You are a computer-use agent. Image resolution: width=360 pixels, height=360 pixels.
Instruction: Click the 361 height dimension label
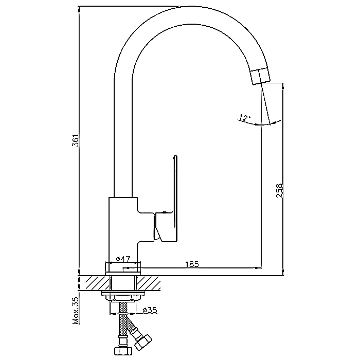pyautogui.click(x=75, y=141)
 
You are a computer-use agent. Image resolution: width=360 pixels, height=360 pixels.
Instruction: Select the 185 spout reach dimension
pyautogui.click(x=191, y=264)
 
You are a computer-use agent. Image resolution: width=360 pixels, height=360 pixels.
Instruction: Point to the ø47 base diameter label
pyautogui.click(x=122, y=259)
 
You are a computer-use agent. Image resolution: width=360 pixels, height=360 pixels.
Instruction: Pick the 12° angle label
pyautogui.click(x=245, y=118)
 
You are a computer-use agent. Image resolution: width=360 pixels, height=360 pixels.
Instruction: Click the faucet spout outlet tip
pyautogui.click(x=260, y=76)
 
